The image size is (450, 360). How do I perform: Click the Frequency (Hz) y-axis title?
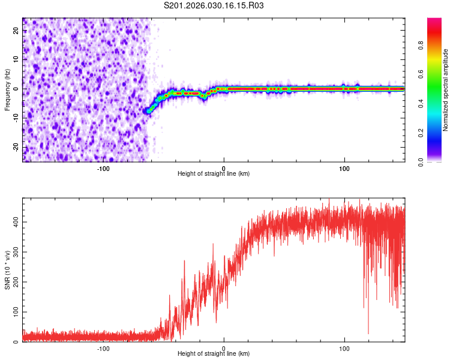(x=7, y=89)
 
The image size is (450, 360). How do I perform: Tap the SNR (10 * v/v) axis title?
(x=7, y=270)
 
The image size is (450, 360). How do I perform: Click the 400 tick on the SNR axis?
(x=14, y=222)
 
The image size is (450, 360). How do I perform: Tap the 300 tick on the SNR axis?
(x=14, y=252)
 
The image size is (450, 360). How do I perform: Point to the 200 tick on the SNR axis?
(x=14, y=282)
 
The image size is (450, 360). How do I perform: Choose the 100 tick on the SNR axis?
(x=14, y=312)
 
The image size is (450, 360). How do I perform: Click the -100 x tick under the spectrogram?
(x=103, y=168)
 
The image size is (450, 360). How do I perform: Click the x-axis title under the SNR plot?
(x=214, y=354)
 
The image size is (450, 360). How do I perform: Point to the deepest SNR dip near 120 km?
(x=368, y=333)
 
